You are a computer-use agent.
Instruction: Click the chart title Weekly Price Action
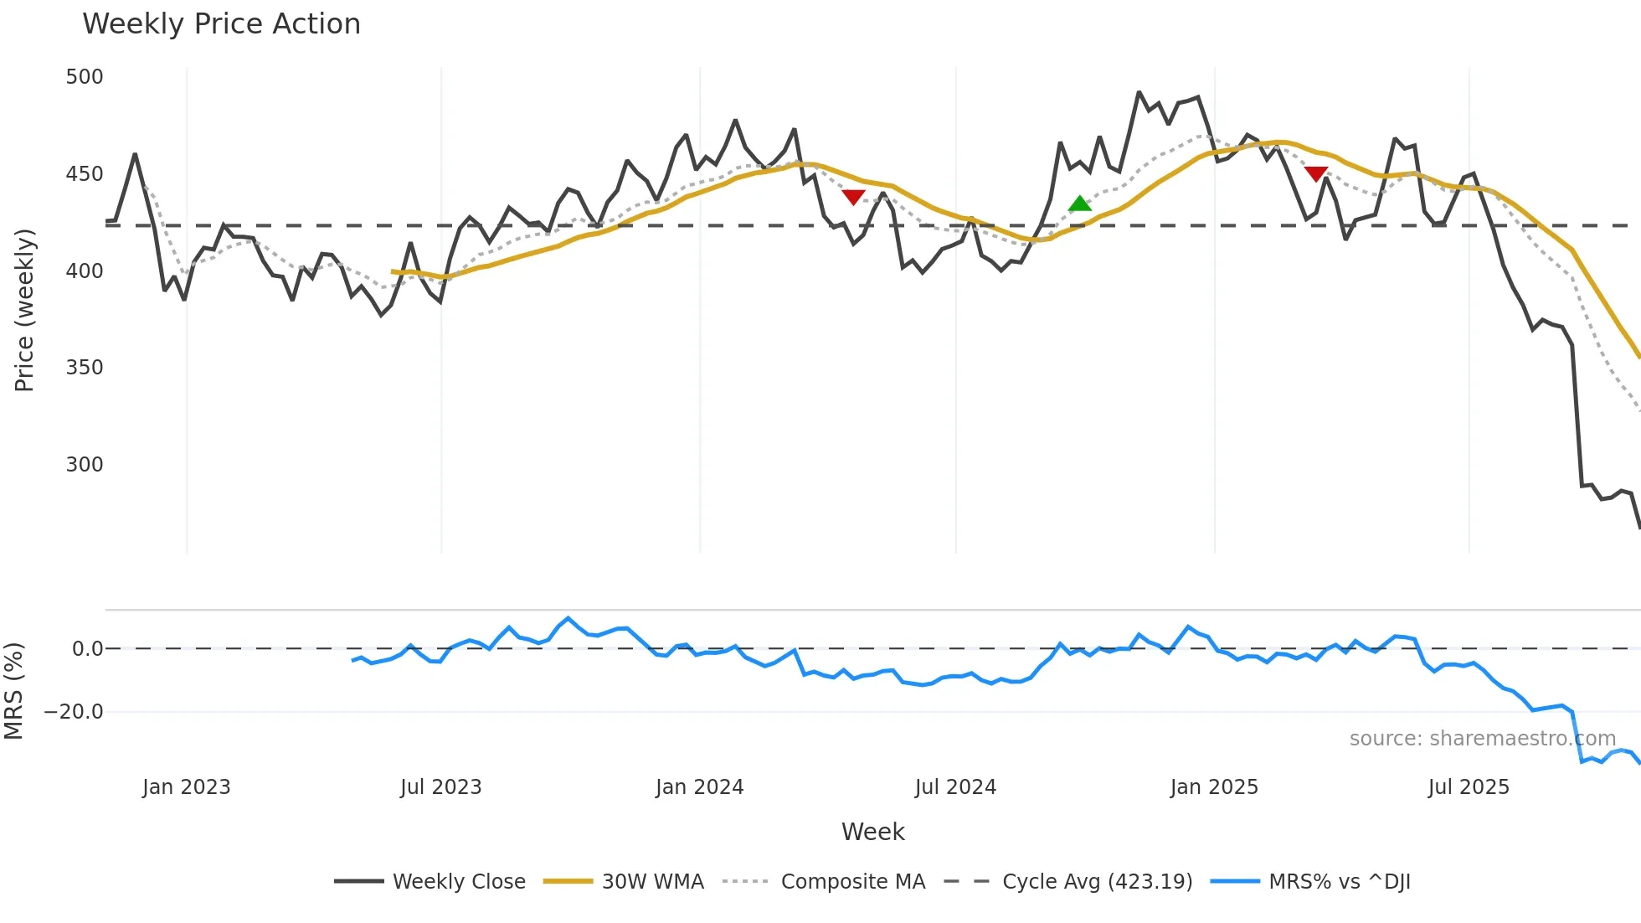pos(221,24)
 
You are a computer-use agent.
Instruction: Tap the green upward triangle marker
pos(1080,204)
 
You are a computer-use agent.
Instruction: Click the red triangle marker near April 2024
pos(853,197)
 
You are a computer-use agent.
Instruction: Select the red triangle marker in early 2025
pos(1315,173)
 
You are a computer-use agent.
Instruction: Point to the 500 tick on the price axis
pos(85,77)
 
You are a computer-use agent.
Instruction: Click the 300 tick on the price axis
pos(85,465)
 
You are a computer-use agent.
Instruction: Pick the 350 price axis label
pos(85,368)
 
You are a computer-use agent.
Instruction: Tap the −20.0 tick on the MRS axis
pos(74,712)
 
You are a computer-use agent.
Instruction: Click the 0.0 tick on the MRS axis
pos(88,649)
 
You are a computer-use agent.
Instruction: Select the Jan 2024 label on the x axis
pos(699,787)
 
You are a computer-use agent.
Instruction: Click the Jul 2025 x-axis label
pos(1469,787)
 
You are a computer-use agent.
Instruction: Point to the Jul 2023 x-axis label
pos(440,787)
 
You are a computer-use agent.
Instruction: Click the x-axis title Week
pos(872,832)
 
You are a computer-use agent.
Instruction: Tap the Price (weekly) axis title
pos(24,310)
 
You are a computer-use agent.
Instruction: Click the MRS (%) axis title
pos(13,691)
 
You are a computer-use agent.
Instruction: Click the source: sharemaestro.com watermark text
pos(1482,739)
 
